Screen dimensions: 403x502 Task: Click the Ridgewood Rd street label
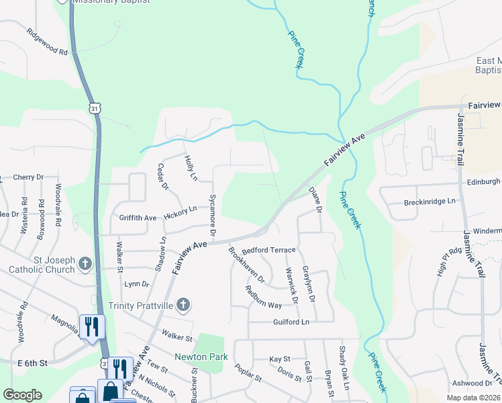point(47,42)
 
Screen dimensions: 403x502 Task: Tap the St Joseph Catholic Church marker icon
point(85,264)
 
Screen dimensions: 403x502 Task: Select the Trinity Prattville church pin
point(183,306)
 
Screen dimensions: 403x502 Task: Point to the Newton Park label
point(201,357)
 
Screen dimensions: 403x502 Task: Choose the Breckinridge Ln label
point(430,201)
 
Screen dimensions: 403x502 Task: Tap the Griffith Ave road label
point(138,218)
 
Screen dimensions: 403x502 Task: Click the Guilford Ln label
point(291,322)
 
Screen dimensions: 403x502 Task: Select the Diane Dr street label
point(315,201)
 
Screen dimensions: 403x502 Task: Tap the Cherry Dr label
point(28,177)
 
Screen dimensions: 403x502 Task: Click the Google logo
point(22,395)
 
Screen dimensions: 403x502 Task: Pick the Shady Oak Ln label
point(343,377)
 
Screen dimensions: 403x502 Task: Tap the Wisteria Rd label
point(24,210)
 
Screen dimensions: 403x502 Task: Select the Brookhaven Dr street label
point(246,265)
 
